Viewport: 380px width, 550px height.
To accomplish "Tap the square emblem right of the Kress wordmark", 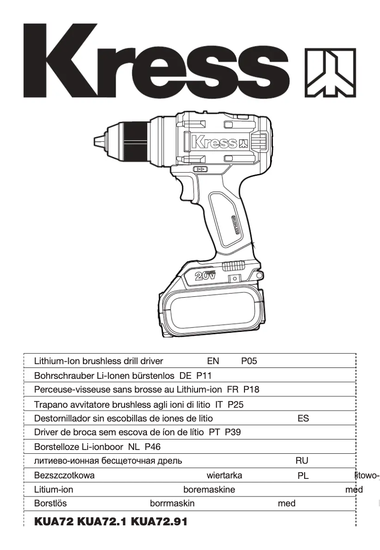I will (x=330, y=72).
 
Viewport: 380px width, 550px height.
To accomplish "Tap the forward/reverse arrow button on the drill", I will (x=200, y=169).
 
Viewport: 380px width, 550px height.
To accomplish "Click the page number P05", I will (x=249, y=361).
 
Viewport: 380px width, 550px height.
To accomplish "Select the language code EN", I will (x=213, y=361).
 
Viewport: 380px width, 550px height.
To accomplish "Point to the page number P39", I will (x=233, y=432).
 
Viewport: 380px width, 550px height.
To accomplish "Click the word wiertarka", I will (x=225, y=476).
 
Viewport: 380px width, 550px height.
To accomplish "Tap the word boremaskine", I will (x=209, y=489).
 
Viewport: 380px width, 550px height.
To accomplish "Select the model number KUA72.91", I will (x=159, y=522).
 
